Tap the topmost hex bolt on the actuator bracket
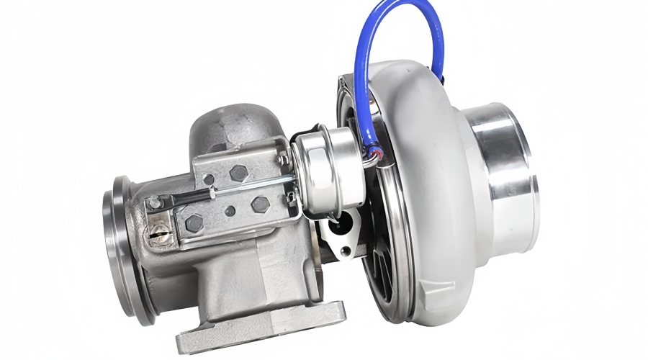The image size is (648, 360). pos(238,174)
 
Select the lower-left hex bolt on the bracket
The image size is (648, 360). pos(194,224)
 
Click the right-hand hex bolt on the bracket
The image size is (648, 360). pos(260,204)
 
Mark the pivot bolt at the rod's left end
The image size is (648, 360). pos(153,204)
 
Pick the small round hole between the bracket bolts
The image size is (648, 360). pos(229,212)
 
